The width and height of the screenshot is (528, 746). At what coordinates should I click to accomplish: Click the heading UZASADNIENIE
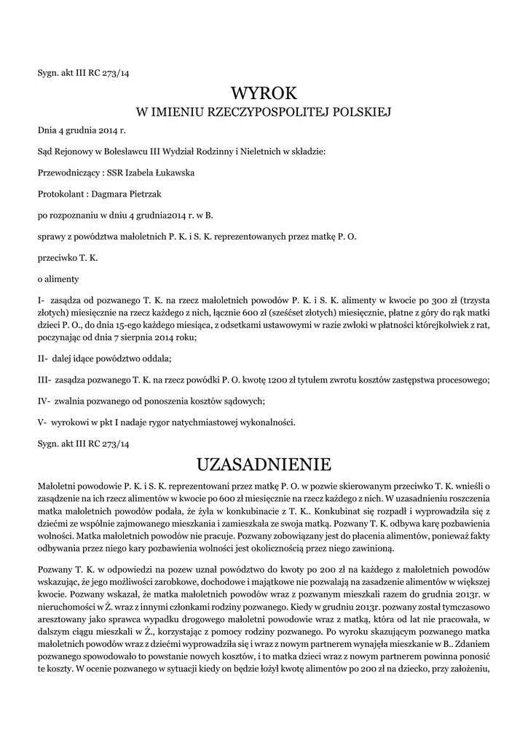pyautogui.click(x=264, y=463)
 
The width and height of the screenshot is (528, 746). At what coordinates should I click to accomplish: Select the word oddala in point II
pyautogui.click(x=155, y=358)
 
